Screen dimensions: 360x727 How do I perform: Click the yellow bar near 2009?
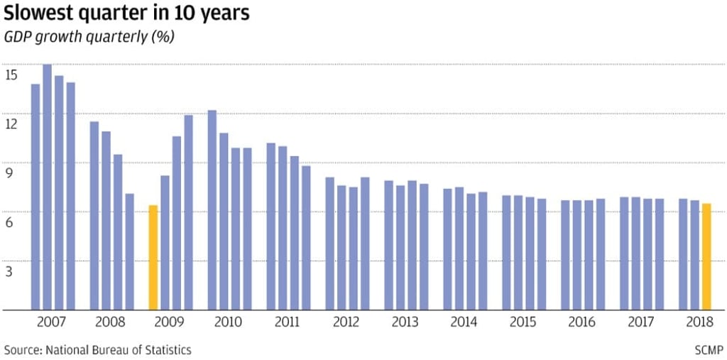(x=153, y=257)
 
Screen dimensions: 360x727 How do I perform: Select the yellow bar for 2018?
(x=706, y=256)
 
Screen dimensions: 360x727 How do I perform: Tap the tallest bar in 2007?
(x=47, y=187)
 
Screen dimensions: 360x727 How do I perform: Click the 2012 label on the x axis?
(x=345, y=322)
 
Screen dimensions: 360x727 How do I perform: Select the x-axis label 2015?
(x=522, y=322)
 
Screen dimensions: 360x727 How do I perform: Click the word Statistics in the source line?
(x=167, y=350)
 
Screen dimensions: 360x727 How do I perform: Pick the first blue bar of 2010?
(x=212, y=210)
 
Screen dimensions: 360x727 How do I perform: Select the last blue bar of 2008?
(x=129, y=251)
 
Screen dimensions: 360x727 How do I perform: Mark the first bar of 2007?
(x=35, y=197)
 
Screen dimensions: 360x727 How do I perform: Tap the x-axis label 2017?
(x=640, y=322)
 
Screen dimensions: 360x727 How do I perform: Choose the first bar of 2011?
(x=270, y=227)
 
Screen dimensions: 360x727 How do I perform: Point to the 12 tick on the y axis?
(x=11, y=124)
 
